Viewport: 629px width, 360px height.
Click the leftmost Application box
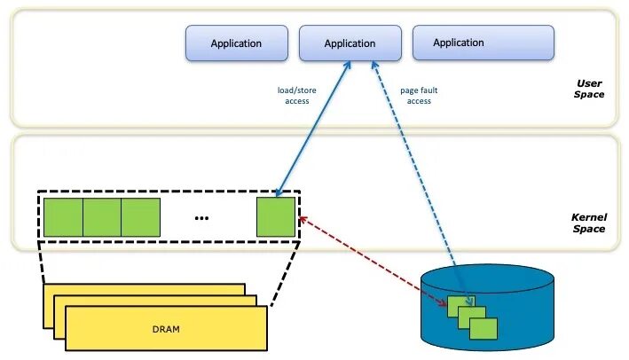(236, 43)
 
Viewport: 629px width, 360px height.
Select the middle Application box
(350, 43)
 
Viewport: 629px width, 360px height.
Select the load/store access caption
(297, 96)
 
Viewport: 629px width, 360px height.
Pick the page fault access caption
(419, 96)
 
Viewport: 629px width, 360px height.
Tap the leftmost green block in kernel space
(63, 217)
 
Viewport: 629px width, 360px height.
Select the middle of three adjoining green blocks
(102, 217)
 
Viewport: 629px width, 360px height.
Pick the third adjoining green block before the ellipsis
(141, 217)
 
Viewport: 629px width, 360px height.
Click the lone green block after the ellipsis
(275, 217)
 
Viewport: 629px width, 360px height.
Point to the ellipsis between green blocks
(201, 218)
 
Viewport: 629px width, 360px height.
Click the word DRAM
(165, 329)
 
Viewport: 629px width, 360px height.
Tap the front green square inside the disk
(484, 329)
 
